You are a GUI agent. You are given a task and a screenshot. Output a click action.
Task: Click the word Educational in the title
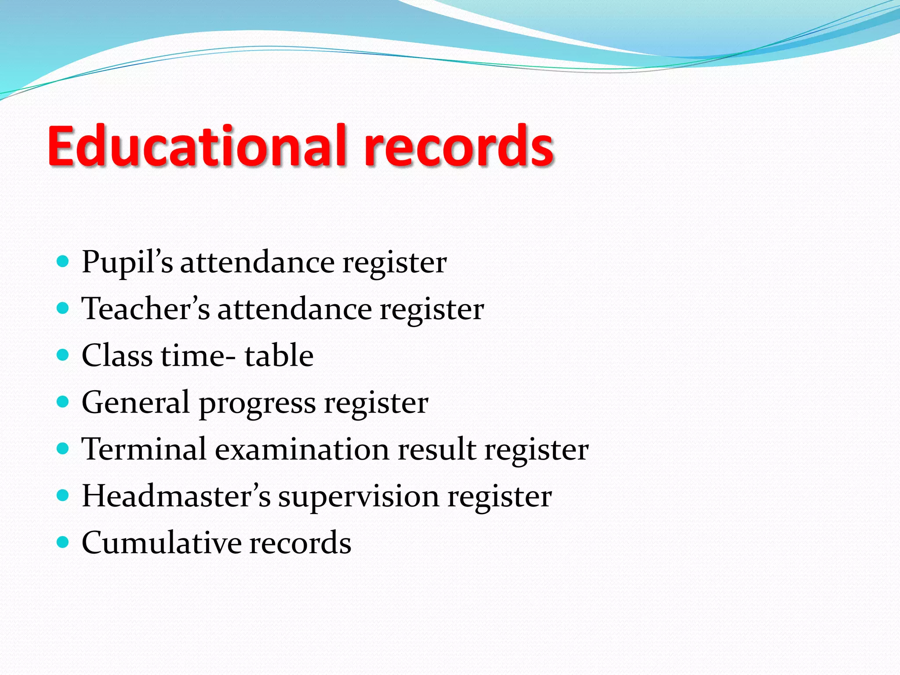[x=198, y=146]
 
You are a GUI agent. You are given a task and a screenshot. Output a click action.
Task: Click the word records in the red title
[x=458, y=146]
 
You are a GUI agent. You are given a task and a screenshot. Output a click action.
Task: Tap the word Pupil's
[x=127, y=263]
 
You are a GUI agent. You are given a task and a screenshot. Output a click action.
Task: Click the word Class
[x=117, y=356]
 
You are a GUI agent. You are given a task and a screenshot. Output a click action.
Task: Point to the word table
[x=279, y=356]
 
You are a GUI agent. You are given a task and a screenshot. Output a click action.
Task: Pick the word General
[x=135, y=403]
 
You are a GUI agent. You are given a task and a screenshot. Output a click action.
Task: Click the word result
[x=437, y=449]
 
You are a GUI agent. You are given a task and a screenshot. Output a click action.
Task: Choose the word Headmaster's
[x=176, y=496]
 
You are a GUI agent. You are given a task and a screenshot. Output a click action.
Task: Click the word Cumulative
[x=161, y=543]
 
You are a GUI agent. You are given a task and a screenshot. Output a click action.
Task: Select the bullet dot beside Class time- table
[x=63, y=355]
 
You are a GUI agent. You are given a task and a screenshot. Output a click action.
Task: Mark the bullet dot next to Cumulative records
[x=63, y=542]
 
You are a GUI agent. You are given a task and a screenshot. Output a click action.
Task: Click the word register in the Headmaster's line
[x=500, y=497]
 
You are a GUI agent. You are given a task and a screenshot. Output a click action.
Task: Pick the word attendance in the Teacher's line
[x=295, y=309]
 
